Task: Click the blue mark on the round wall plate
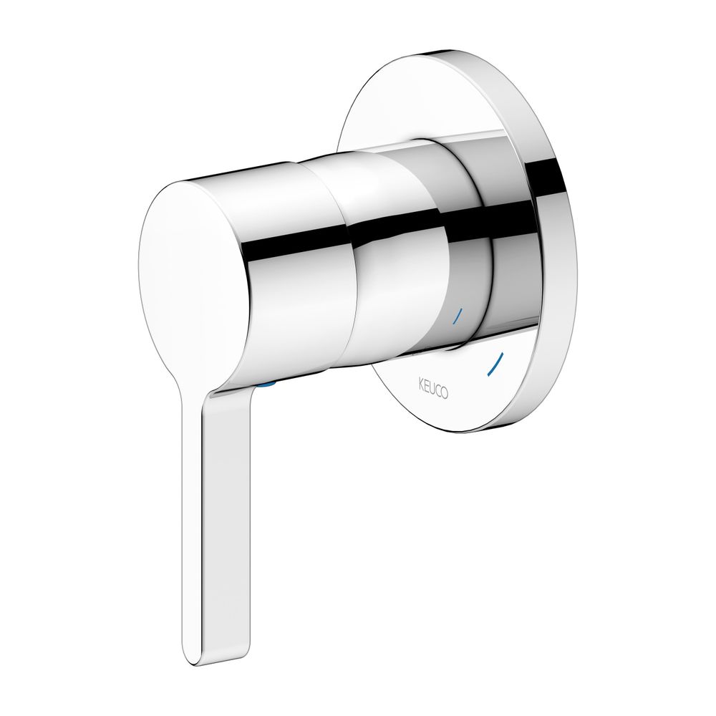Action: click(x=495, y=364)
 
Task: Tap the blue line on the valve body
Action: click(x=458, y=317)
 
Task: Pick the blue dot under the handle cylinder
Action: click(x=266, y=386)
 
